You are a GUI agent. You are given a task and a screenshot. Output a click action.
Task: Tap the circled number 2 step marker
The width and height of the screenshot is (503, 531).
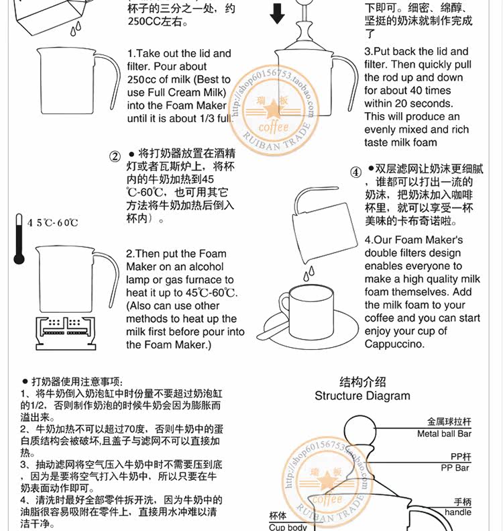tap(115, 157)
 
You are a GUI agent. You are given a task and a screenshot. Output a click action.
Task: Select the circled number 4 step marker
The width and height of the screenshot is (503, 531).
tap(355, 172)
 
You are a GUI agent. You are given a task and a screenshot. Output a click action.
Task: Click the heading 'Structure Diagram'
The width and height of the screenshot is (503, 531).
tap(362, 396)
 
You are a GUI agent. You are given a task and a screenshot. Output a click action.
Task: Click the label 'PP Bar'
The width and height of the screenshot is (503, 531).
tap(455, 468)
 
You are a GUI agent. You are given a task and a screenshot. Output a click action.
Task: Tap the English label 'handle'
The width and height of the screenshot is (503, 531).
tap(458, 512)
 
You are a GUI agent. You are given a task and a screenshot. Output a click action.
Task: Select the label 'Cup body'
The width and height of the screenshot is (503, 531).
tap(288, 527)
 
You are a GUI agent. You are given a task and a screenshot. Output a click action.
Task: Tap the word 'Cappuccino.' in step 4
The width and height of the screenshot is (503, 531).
tap(394, 344)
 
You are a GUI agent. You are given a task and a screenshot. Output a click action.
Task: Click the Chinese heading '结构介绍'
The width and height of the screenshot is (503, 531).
tap(362, 382)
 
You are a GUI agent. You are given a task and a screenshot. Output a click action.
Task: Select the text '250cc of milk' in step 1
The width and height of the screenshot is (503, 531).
tap(158, 80)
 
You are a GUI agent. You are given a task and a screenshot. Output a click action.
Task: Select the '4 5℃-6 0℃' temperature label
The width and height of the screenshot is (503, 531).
tap(53, 223)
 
